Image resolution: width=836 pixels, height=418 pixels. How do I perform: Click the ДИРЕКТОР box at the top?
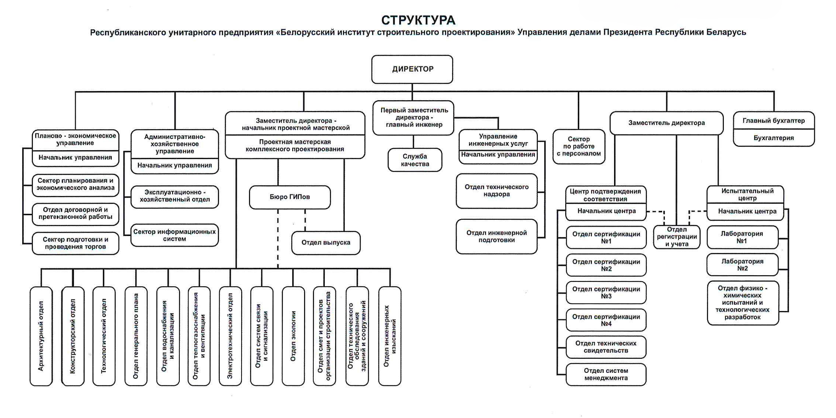(412, 69)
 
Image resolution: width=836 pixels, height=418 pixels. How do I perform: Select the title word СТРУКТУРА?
(418, 20)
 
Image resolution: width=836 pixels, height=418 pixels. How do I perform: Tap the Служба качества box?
(415, 160)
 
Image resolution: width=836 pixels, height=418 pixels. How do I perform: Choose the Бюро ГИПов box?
(290, 197)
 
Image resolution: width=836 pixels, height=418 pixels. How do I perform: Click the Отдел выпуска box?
(326, 243)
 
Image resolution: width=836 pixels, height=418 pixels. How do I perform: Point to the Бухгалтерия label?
(773, 138)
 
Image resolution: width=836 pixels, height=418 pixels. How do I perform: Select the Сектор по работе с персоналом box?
(579, 146)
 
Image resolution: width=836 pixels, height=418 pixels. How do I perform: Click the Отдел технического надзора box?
(496, 191)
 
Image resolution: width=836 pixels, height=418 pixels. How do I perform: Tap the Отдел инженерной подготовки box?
(496, 237)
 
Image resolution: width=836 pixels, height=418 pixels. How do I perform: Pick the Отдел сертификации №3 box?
(606, 293)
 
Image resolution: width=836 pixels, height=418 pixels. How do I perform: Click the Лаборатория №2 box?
(742, 265)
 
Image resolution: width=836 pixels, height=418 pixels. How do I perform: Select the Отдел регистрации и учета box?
(677, 237)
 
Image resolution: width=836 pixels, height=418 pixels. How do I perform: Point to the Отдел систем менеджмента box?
(606, 374)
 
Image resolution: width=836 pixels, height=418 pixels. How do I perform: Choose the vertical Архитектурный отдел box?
(41, 336)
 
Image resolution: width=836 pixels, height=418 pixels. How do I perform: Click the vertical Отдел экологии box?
(293, 336)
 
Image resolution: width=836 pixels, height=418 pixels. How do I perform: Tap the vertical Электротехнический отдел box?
(230, 336)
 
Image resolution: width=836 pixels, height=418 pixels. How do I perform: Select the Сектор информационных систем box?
(175, 235)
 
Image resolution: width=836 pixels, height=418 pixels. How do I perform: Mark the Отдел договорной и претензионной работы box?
(75, 213)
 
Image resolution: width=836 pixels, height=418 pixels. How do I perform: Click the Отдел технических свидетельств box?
(606, 347)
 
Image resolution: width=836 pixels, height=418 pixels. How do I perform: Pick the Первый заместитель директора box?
(414, 118)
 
